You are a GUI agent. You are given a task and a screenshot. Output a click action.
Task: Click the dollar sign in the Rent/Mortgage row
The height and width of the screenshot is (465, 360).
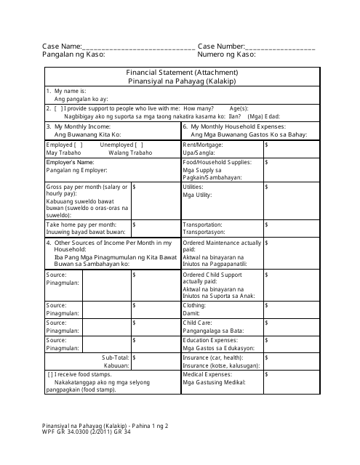267,145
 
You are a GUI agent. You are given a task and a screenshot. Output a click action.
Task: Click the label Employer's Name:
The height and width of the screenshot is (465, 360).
71,161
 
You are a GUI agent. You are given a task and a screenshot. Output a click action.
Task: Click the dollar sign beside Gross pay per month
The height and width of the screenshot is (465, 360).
135,187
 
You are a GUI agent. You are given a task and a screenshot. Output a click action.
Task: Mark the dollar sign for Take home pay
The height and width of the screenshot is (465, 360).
135,225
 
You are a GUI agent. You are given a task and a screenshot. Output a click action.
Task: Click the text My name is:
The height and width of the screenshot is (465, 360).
68,91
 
